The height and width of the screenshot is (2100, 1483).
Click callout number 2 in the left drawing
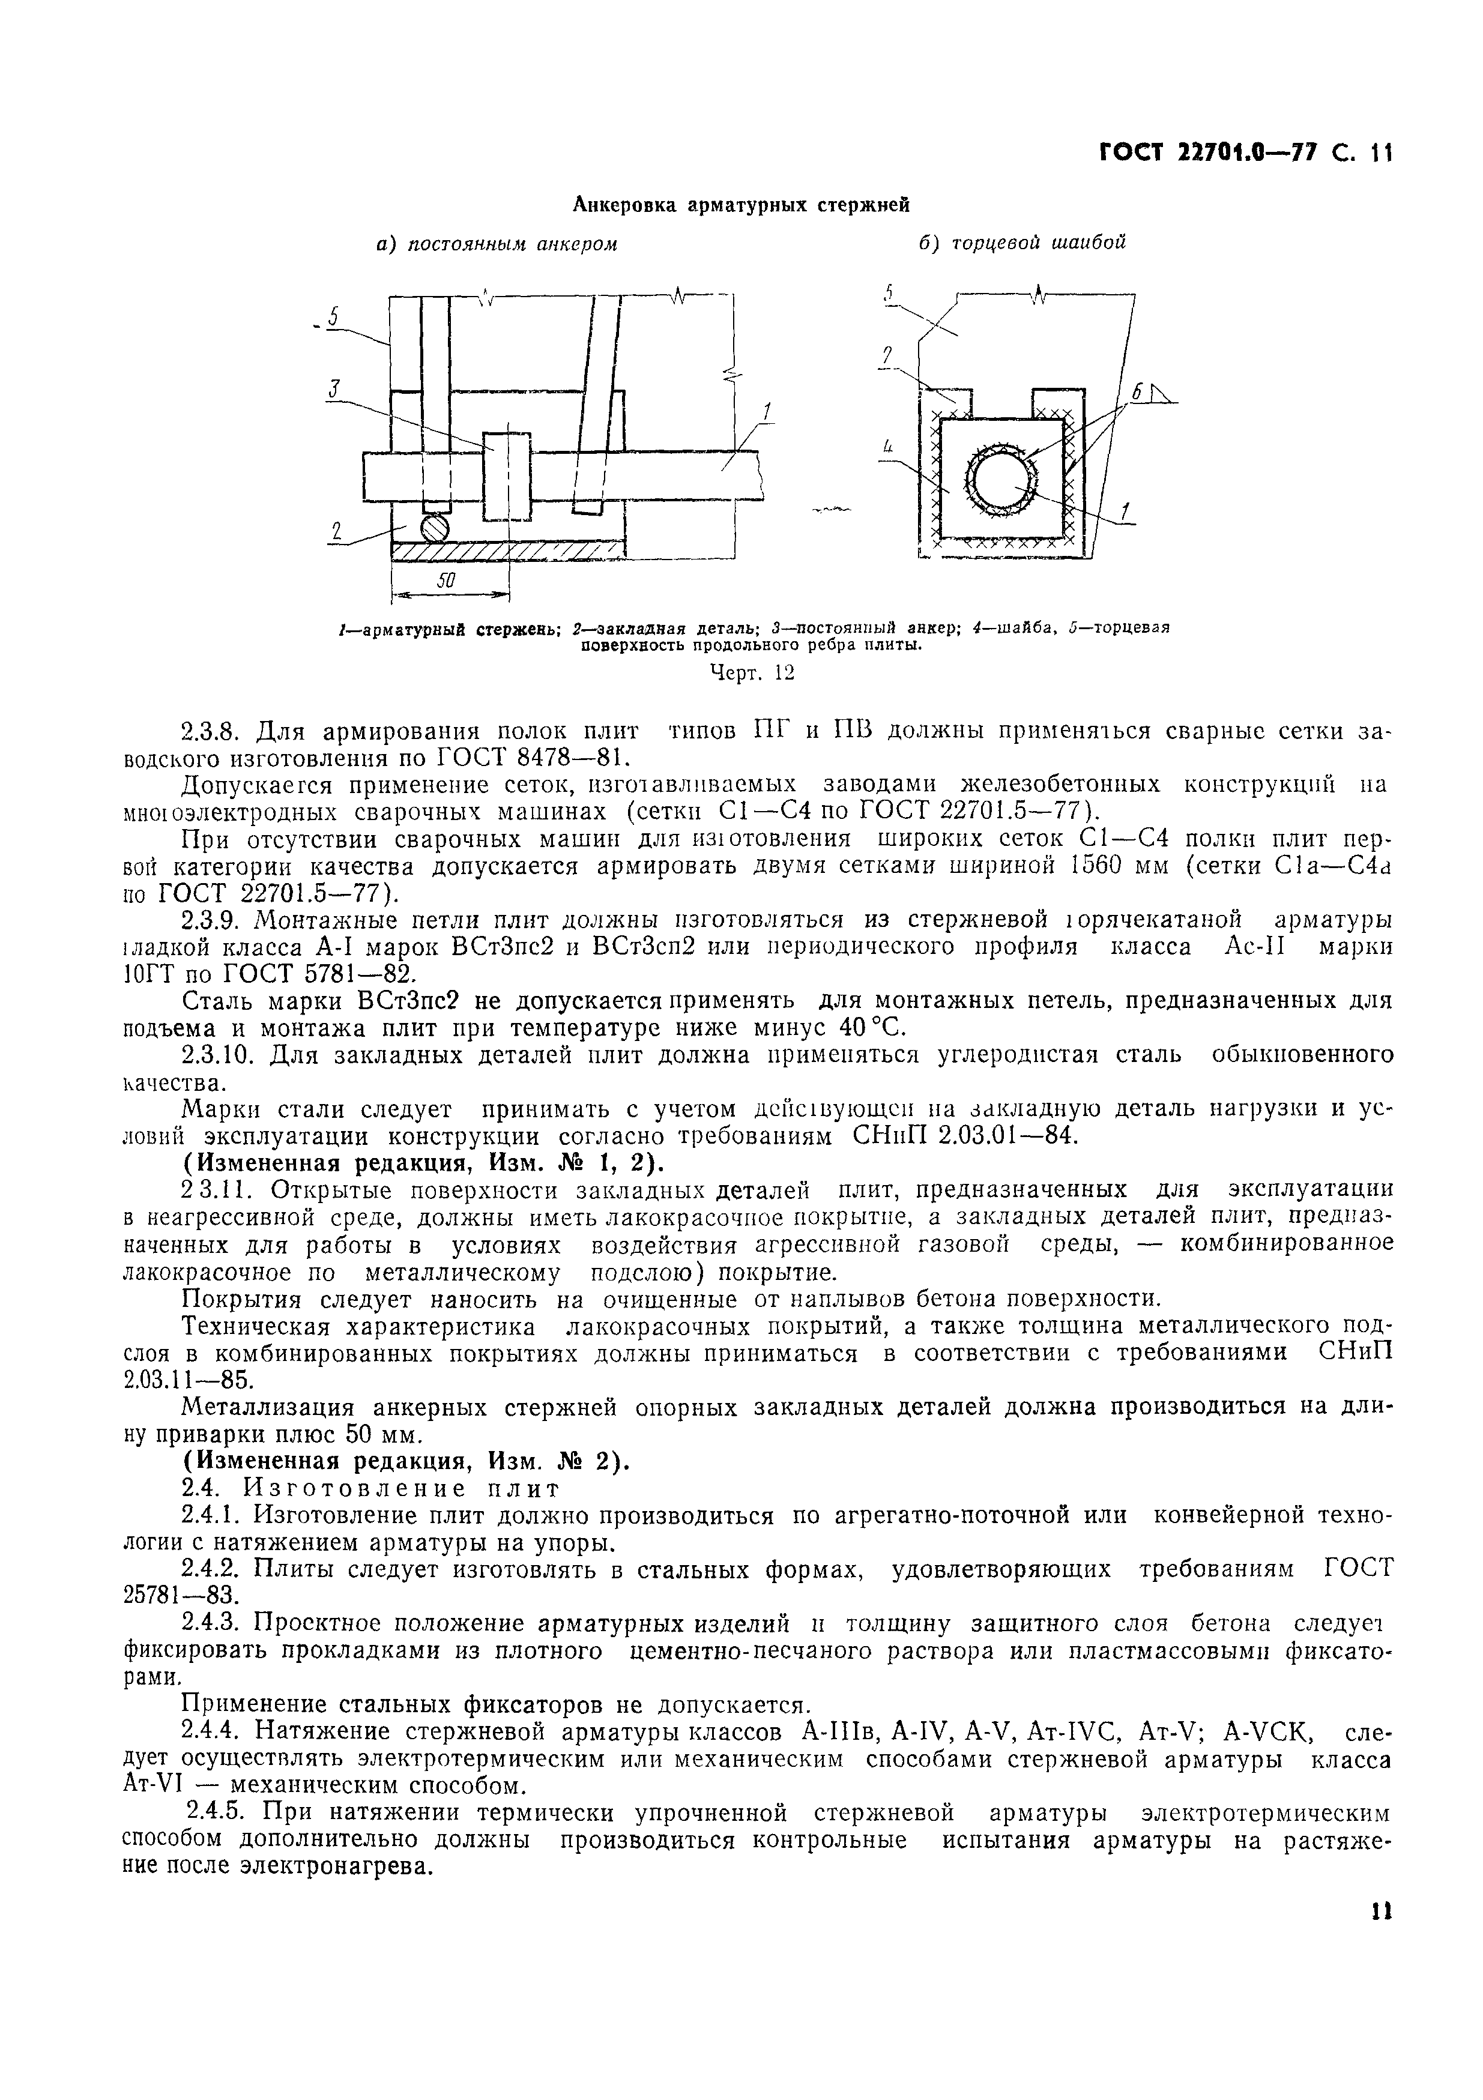336,531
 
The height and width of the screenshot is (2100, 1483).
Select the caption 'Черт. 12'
752,673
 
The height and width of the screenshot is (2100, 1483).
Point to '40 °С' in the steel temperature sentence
859,1027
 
